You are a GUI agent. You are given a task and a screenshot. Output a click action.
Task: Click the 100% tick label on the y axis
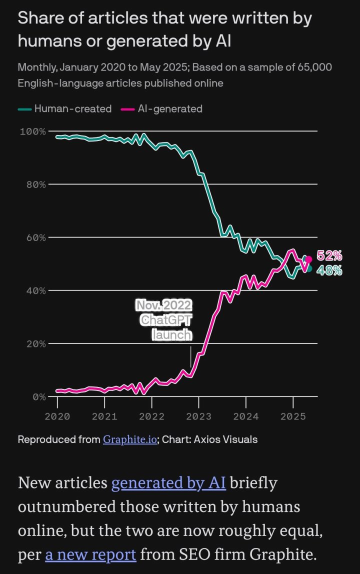pyautogui.click(x=33, y=131)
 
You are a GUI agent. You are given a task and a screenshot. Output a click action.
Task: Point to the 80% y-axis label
pyautogui.click(x=35, y=184)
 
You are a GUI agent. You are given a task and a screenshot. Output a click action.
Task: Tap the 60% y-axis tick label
pyautogui.click(x=35, y=237)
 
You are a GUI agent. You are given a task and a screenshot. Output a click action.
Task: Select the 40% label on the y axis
pyautogui.click(x=35, y=290)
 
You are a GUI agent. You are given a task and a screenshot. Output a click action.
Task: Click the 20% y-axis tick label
pyautogui.click(x=35, y=344)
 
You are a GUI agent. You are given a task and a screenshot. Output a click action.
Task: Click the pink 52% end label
pyautogui.click(x=329, y=256)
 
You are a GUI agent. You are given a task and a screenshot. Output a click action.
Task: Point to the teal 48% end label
pyautogui.click(x=329, y=270)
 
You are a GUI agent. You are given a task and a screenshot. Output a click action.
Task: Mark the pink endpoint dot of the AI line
pyautogui.click(x=308, y=259)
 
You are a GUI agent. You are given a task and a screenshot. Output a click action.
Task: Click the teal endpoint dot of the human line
pyautogui.click(x=308, y=268)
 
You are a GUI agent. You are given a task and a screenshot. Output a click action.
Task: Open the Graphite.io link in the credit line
pyautogui.click(x=130, y=439)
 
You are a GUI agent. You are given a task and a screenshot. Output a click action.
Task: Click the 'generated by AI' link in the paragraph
pyautogui.click(x=169, y=483)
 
